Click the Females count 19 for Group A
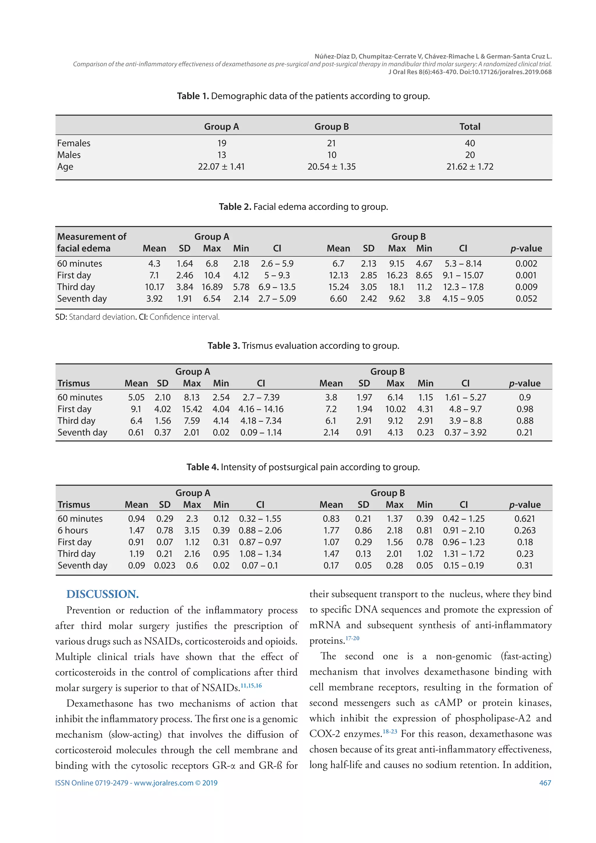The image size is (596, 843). click(x=221, y=143)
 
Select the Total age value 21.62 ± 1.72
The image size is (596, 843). click(x=470, y=167)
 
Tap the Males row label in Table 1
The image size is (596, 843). click(x=69, y=155)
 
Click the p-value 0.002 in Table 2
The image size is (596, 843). click(x=526, y=264)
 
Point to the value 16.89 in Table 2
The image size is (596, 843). click(x=212, y=287)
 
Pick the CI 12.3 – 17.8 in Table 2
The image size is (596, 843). click(x=463, y=287)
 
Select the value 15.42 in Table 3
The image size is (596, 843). click(x=192, y=409)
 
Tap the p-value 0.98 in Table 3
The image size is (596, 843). click(x=524, y=409)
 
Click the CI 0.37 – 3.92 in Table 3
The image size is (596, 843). click(x=465, y=432)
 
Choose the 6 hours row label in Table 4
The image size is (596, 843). click(x=73, y=530)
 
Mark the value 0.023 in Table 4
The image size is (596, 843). click(x=164, y=566)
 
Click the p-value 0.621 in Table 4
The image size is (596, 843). click(x=524, y=519)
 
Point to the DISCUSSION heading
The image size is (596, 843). click(x=102, y=594)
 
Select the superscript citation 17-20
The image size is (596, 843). click(x=352, y=638)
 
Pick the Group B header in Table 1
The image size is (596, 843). click(x=331, y=127)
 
